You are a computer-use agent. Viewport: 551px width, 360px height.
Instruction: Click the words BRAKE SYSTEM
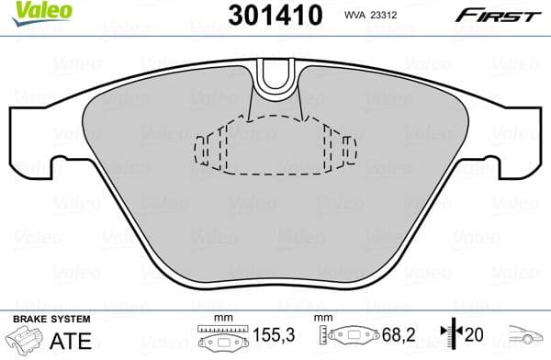click(x=51, y=320)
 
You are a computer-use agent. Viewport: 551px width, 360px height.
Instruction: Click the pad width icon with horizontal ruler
click(x=219, y=338)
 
